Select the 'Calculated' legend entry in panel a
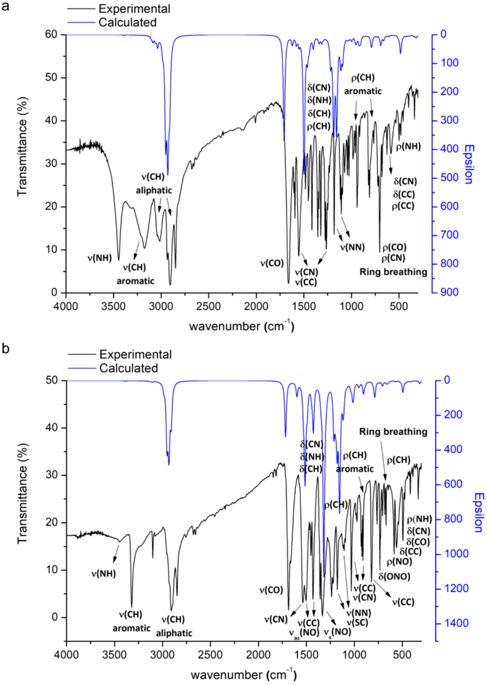[127, 22]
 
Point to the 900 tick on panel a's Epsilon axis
[449, 292]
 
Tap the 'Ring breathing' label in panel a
[393, 272]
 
